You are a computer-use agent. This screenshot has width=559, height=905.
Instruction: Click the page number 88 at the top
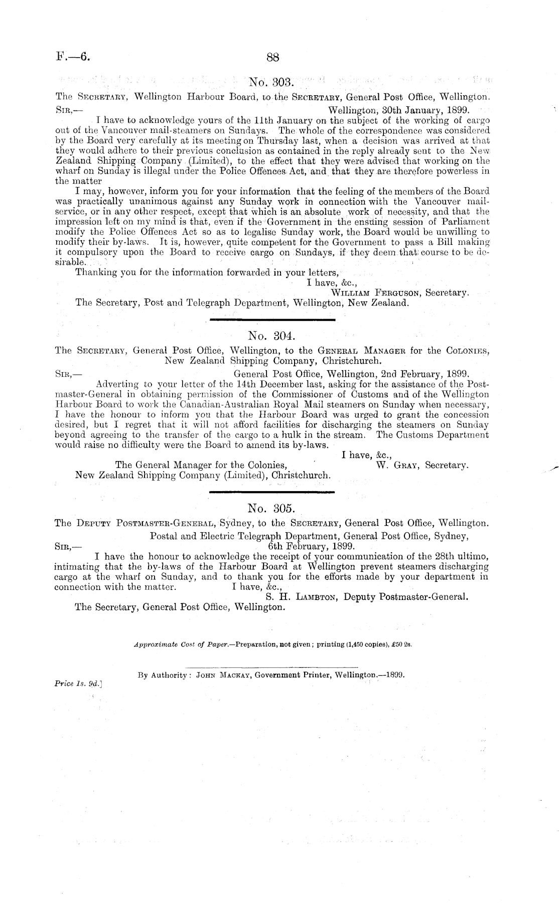tap(272, 57)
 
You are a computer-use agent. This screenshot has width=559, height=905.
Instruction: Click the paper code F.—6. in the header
tap(73, 57)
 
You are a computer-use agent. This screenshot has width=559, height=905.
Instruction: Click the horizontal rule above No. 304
tap(271, 320)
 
